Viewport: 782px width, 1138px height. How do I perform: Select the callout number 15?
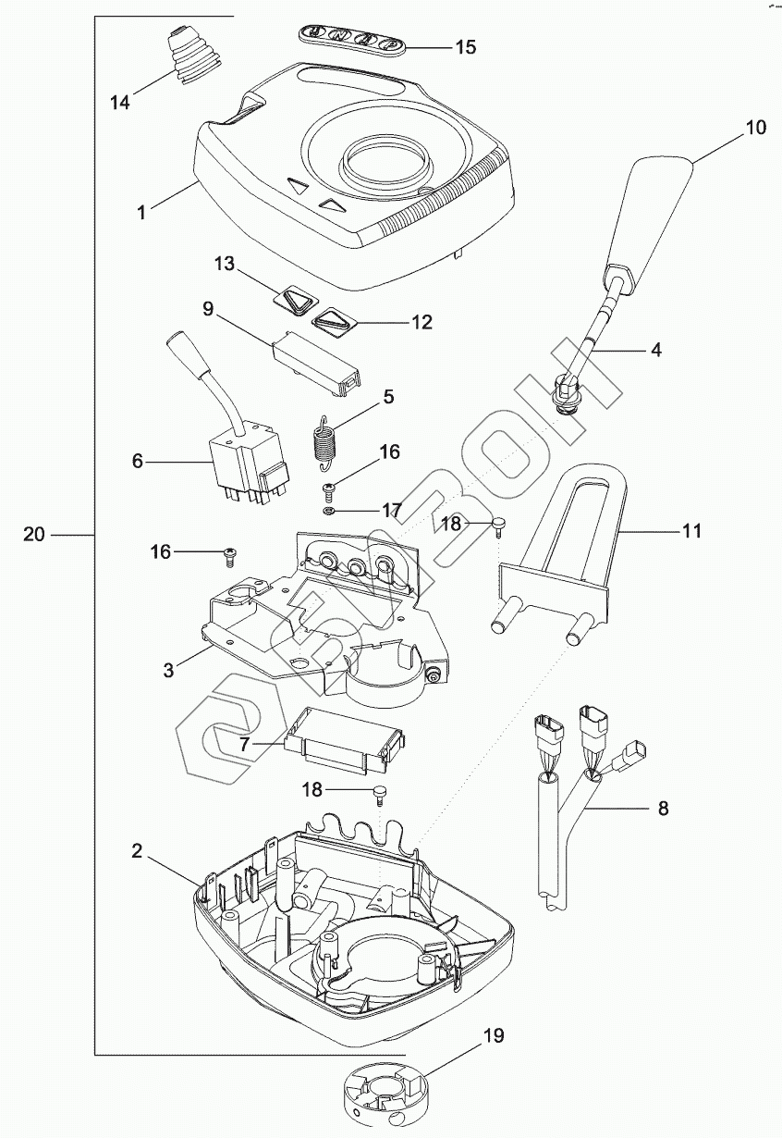[x=466, y=46]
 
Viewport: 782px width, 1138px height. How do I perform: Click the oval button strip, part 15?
[x=351, y=36]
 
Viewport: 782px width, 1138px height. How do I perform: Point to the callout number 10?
[x=756, y=128]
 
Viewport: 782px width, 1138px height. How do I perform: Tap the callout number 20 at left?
[x=34, y=534]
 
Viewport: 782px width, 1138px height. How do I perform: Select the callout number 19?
[x=495, y=1035]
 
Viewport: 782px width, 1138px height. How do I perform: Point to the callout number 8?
[x=663, y=808]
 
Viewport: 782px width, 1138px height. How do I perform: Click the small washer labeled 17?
[x=328, y=511]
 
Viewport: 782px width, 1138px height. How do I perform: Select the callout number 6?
[x=138, y=460]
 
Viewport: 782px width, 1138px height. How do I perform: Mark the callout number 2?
[x=137, y=851]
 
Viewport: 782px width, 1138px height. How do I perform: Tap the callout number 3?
[x=168, y=670]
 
